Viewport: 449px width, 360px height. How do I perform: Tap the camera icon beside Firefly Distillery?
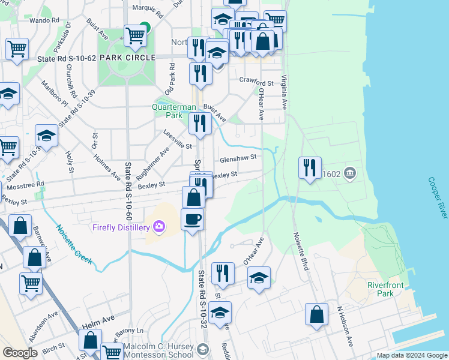[158, 227]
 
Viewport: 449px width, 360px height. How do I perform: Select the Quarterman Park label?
[174, 110]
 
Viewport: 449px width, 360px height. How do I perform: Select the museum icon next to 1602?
[350, 174]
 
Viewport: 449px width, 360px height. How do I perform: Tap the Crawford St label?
[256, 80]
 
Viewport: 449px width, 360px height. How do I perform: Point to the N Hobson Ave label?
[344, 327]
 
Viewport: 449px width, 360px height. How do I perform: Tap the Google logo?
[20, 353]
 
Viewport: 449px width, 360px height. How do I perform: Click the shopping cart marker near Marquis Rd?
[136, 36]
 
